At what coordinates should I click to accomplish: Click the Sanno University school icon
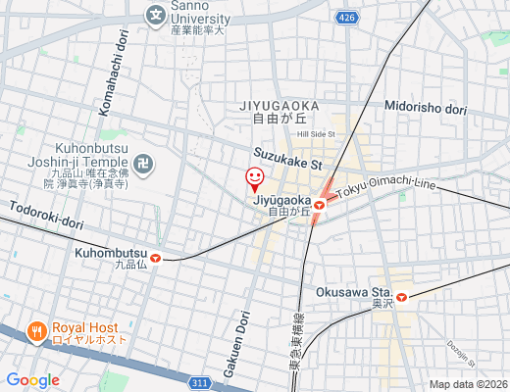(x=155, y=15)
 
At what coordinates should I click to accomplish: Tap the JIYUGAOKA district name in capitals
(x=279, y=103)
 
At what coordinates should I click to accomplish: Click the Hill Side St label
(x=317, y=133)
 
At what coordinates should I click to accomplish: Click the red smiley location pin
(x=254, y=179)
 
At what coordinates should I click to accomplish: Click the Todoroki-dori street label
(x=46, y=215)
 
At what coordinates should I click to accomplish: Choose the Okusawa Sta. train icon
(x=400, y=293)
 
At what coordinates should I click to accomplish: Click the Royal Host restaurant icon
(x=37, y=331)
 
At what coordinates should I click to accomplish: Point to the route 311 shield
(x=200, y=382)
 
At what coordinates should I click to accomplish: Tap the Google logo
(x=32, y=380)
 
